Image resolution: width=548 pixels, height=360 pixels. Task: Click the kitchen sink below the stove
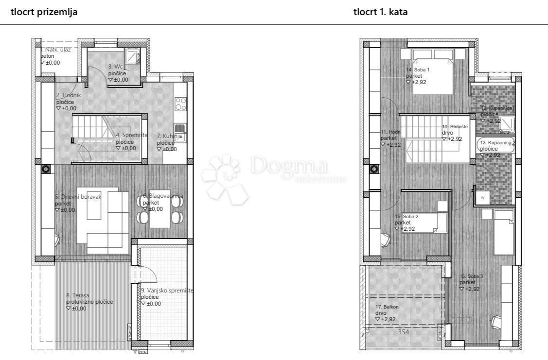pyautogui.click(x=179, y=130)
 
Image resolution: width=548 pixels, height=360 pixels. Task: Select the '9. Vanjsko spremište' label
pyautogui.click(x=167, y=291)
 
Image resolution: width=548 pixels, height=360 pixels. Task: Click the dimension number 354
pyautogui.click(x=403, y=332)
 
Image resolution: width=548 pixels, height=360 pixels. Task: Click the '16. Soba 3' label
pyautogui.click(x=471, y=276)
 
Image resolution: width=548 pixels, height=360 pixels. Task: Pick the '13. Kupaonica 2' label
pyautogui.click(x=497, y=143)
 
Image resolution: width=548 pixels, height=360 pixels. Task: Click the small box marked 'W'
pyautogui.click(x=483, y=198)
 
